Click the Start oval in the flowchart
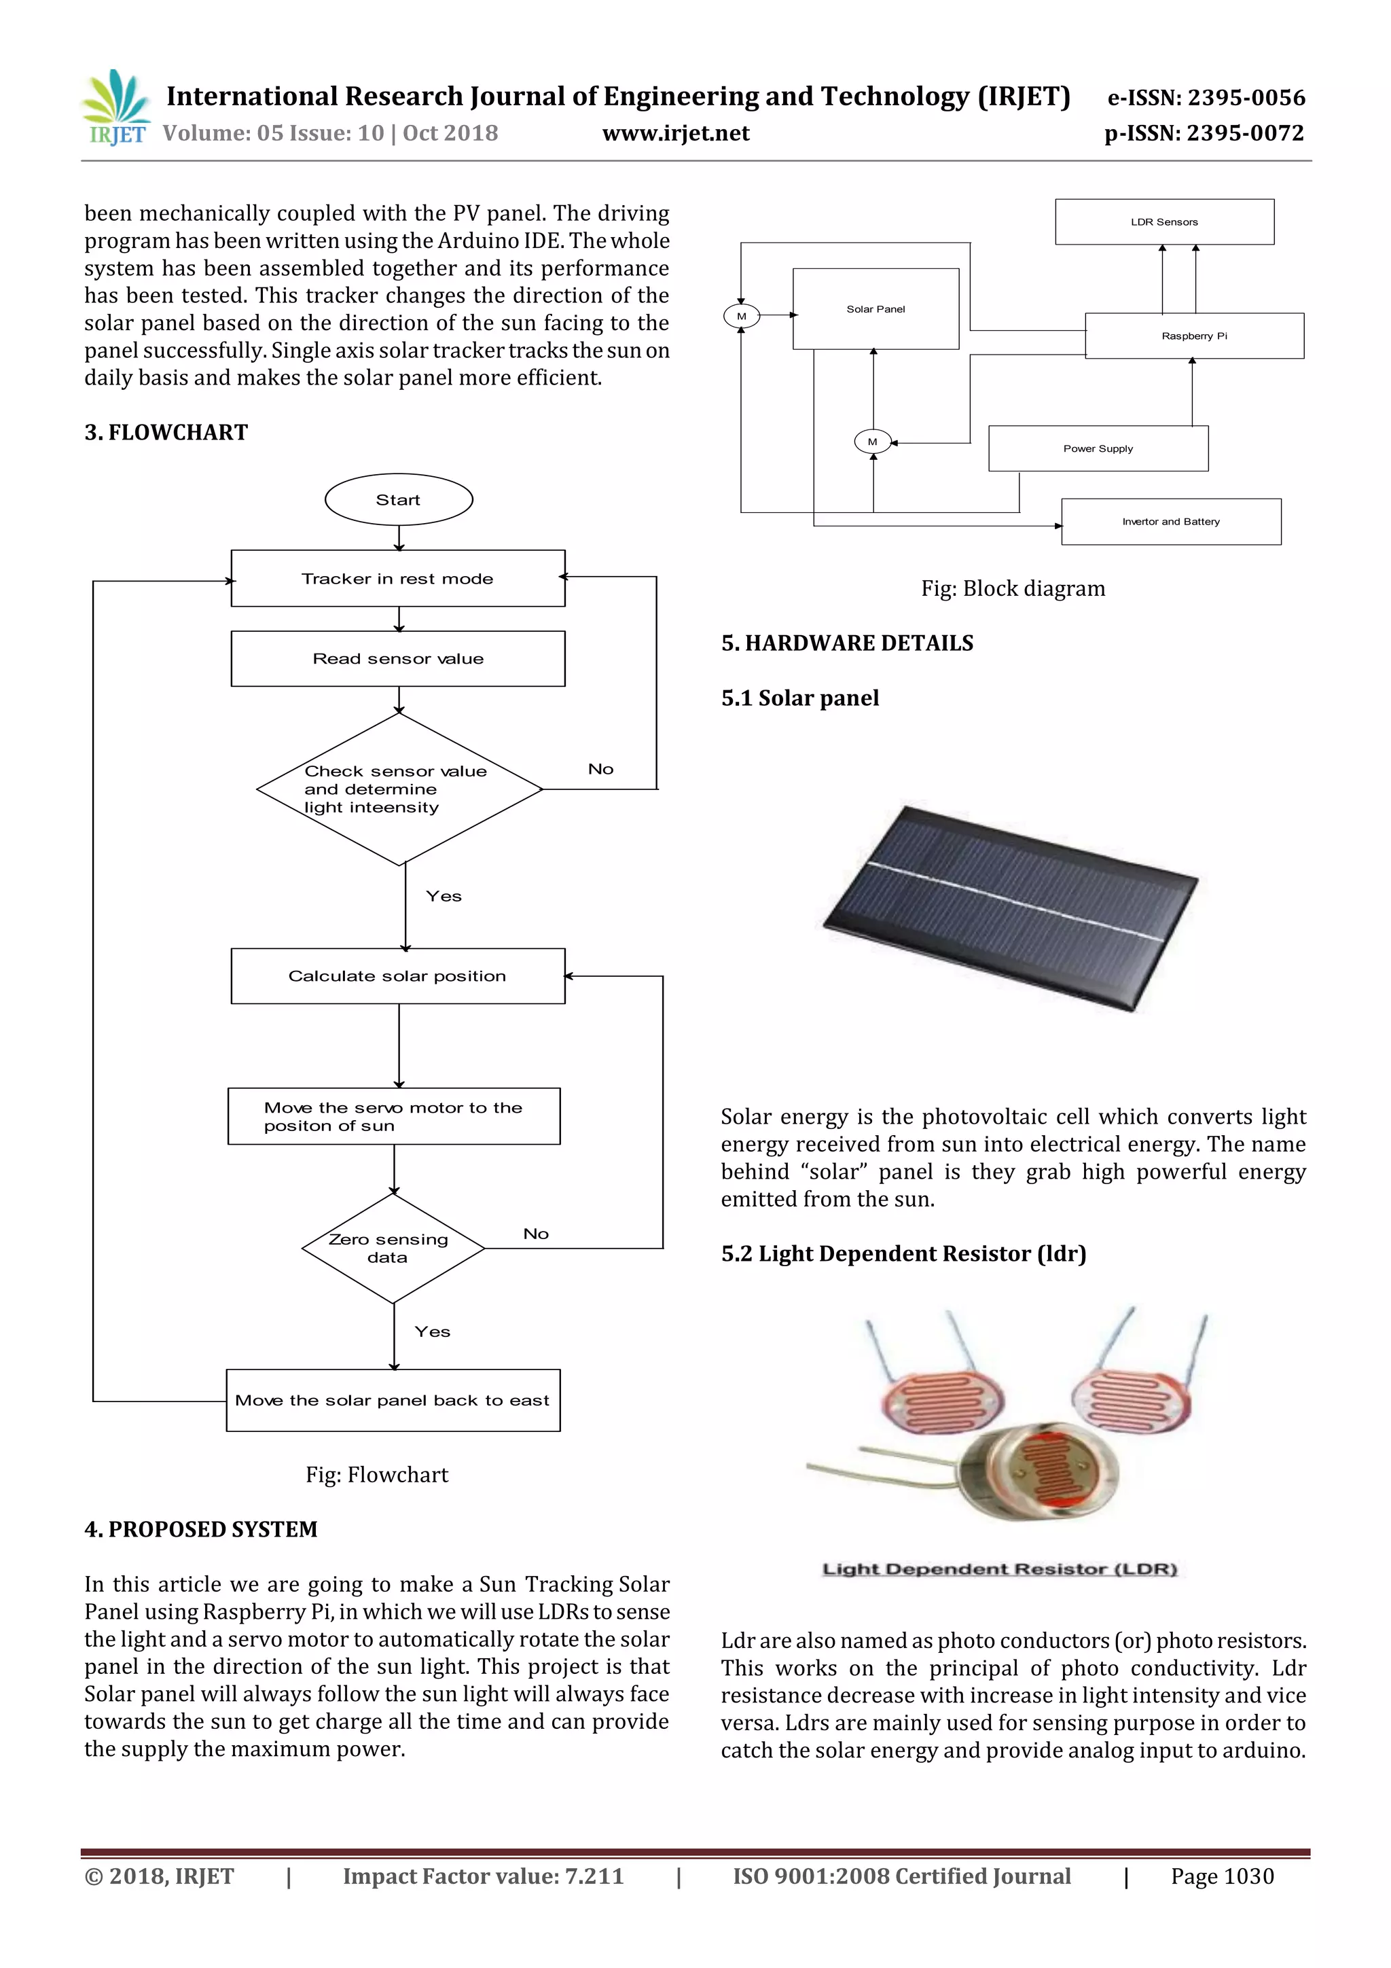[399, 500]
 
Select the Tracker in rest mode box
[398, 579]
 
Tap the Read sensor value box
[398, 658]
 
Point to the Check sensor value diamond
[399, 789]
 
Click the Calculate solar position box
[398, 976]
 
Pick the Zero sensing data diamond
[393, 1248]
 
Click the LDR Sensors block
[1164, 222]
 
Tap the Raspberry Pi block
[1194, 336]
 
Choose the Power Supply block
[1098, 448]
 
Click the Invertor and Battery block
[1171, 521]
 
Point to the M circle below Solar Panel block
[873, 442]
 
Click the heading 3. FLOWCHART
[166, 433]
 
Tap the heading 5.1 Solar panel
[799, 698]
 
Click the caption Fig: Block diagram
[1013, 589]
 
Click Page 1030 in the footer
[1222, 1876]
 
